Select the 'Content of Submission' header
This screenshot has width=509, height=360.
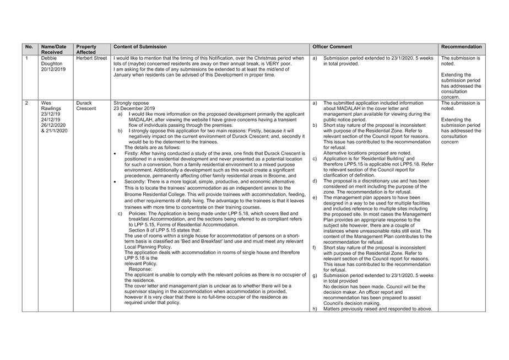pyautogui.click(x=140, y=47)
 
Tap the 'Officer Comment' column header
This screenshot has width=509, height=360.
pyautogui.click(x=332, y=47)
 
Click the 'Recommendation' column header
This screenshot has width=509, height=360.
pyautogui.click(x=462, y=47)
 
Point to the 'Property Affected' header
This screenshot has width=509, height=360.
pyautogui.click(x=86, y=50)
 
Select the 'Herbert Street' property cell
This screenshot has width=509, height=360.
pyautogui.click(x=91, y=58)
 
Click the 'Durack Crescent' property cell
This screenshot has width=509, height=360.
pyautogui.click(x=86, y=106)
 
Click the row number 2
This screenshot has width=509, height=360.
pyautogui.click(x=26, y=103)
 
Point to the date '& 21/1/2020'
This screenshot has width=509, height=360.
pyautogui.click(x=54, y=131)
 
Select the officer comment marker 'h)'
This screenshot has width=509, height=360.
pyautogui.click(x=315, y=309)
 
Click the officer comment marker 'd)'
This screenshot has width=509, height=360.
pyautogui.click(x=315, y=181)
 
